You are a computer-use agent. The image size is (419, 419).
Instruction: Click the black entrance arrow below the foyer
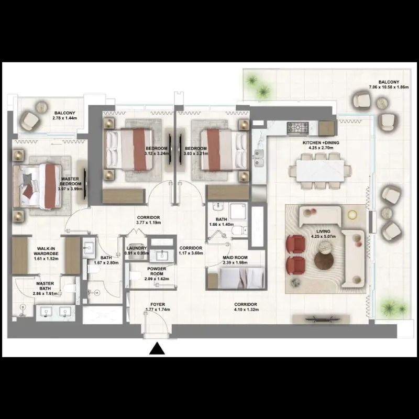point(157,348)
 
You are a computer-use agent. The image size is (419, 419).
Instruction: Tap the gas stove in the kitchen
point(297,128)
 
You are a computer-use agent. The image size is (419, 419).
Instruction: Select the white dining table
point(320,170)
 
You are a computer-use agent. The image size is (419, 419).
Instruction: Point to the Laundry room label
point(137,248)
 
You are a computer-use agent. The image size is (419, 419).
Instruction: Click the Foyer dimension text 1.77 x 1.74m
point(158,310)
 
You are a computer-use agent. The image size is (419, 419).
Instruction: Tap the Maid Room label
point(235,258)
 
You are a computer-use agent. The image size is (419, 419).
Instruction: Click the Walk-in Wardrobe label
point(46,251)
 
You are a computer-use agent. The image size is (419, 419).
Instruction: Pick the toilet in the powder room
point(135,275)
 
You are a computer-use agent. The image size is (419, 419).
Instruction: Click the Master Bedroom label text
point(71,181)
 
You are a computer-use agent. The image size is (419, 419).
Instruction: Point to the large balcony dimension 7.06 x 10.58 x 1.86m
point(389,87)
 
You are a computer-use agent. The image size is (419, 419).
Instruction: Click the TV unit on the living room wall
point(321,318)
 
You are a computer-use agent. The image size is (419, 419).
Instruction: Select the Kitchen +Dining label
point(321,142)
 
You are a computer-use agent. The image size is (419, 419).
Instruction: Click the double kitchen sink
point(258,158)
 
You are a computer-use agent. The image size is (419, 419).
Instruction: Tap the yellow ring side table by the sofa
point(352,214)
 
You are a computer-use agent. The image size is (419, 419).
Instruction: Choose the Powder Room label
point(157,271)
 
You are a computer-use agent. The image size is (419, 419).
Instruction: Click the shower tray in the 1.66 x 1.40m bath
point(238,212)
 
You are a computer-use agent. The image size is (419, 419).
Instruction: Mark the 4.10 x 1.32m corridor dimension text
point(246,310)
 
